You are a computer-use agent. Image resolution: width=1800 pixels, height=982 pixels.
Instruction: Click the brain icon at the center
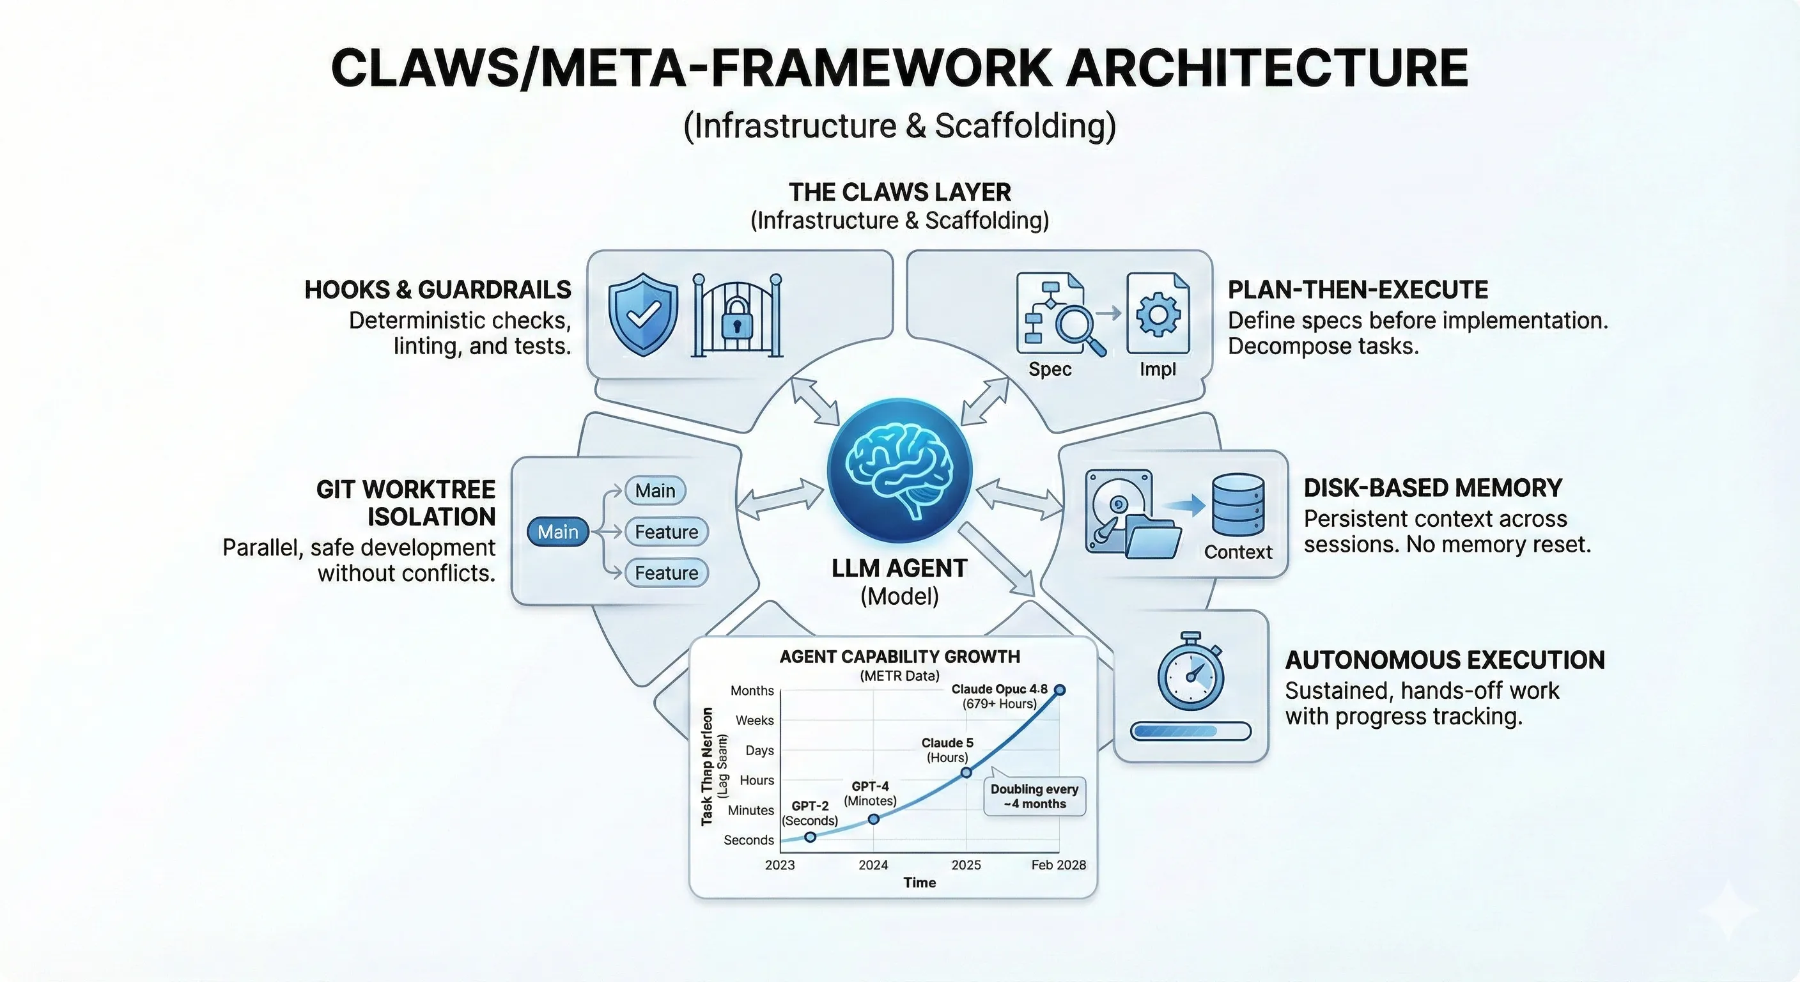tap(899, 471)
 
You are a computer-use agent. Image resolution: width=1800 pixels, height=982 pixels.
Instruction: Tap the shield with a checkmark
tap(643, 315)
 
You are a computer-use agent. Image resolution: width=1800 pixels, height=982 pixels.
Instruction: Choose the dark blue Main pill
tap(557, 532)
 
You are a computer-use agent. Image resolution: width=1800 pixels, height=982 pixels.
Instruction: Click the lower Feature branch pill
tap(666, 573)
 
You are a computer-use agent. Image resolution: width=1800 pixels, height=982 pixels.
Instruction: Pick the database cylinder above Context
tap(1237, 504)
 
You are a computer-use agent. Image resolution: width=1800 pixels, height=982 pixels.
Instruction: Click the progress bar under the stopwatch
tap(1191, 731)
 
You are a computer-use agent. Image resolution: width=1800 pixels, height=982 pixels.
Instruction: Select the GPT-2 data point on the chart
tap(811, 837)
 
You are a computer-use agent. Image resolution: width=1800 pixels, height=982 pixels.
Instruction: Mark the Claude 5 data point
tap(966, 772)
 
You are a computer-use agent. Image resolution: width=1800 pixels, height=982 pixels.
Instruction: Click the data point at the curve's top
tap(1059, 690)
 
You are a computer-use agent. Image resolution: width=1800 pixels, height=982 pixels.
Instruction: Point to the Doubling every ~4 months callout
tap(1034, 796)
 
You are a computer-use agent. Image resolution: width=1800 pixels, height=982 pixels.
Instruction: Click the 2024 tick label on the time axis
tap(873, 864)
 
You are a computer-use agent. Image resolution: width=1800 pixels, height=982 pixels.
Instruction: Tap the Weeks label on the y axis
tap(754, 720)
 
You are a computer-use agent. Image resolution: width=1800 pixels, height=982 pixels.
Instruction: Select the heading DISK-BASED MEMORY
tap(1432, 488)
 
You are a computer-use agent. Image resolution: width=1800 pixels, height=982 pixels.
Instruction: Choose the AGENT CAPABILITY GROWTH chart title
tap(899, 657)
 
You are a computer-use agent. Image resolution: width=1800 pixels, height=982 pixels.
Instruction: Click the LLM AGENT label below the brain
tap(899, 568)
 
